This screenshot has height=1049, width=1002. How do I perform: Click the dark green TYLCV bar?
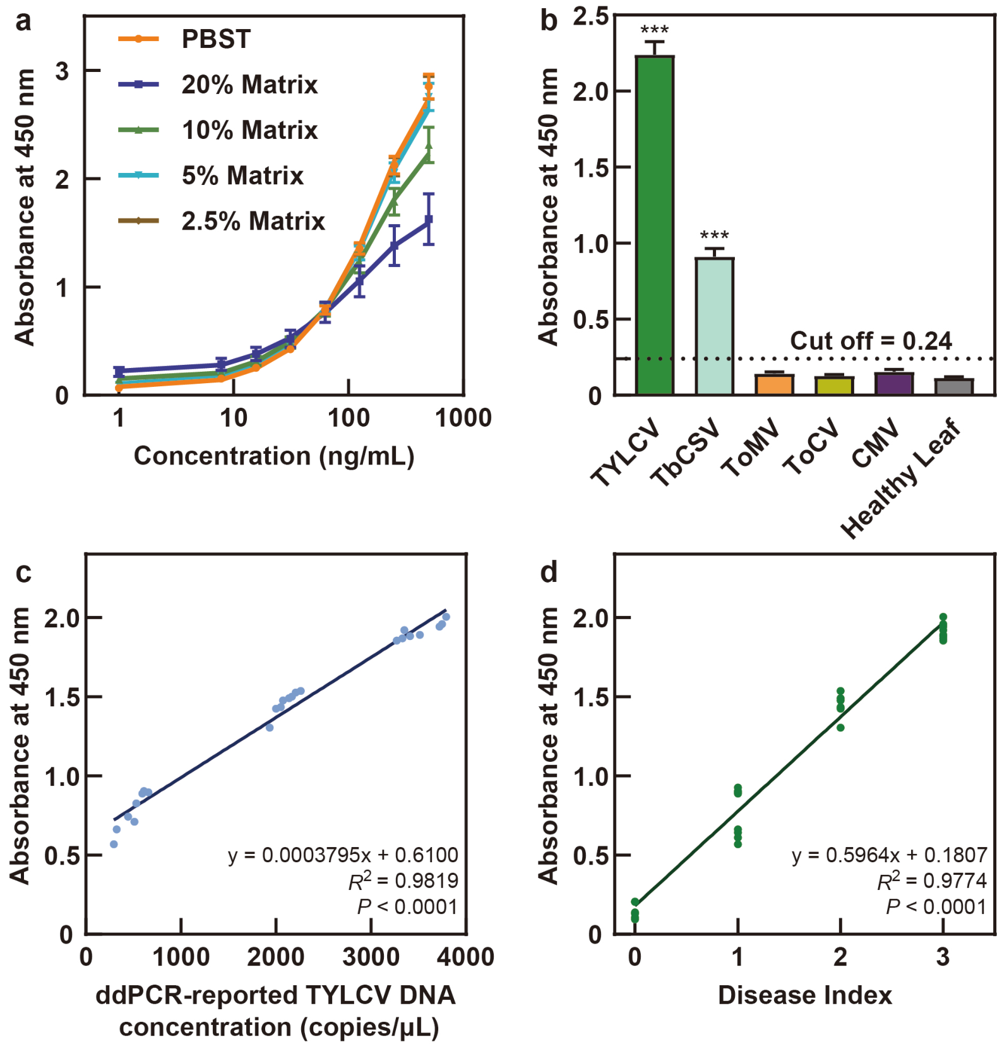654,225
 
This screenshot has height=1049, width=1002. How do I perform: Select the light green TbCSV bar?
714,326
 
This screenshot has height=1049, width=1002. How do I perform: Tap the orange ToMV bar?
774,384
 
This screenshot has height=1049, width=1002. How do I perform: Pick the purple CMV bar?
893,384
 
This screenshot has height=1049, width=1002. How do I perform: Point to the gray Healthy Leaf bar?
953,387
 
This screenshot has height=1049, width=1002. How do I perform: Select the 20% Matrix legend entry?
218,85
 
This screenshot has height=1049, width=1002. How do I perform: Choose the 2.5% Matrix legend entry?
221,221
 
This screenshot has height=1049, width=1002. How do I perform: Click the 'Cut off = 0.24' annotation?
871,341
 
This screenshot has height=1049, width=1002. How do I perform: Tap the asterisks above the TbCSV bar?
714,235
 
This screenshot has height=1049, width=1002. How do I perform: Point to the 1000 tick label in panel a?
463,418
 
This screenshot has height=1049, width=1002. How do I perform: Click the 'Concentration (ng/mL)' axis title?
274,456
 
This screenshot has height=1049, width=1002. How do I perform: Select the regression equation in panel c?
343,855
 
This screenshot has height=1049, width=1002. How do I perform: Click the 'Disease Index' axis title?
805,995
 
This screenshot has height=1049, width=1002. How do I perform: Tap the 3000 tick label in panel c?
371,957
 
